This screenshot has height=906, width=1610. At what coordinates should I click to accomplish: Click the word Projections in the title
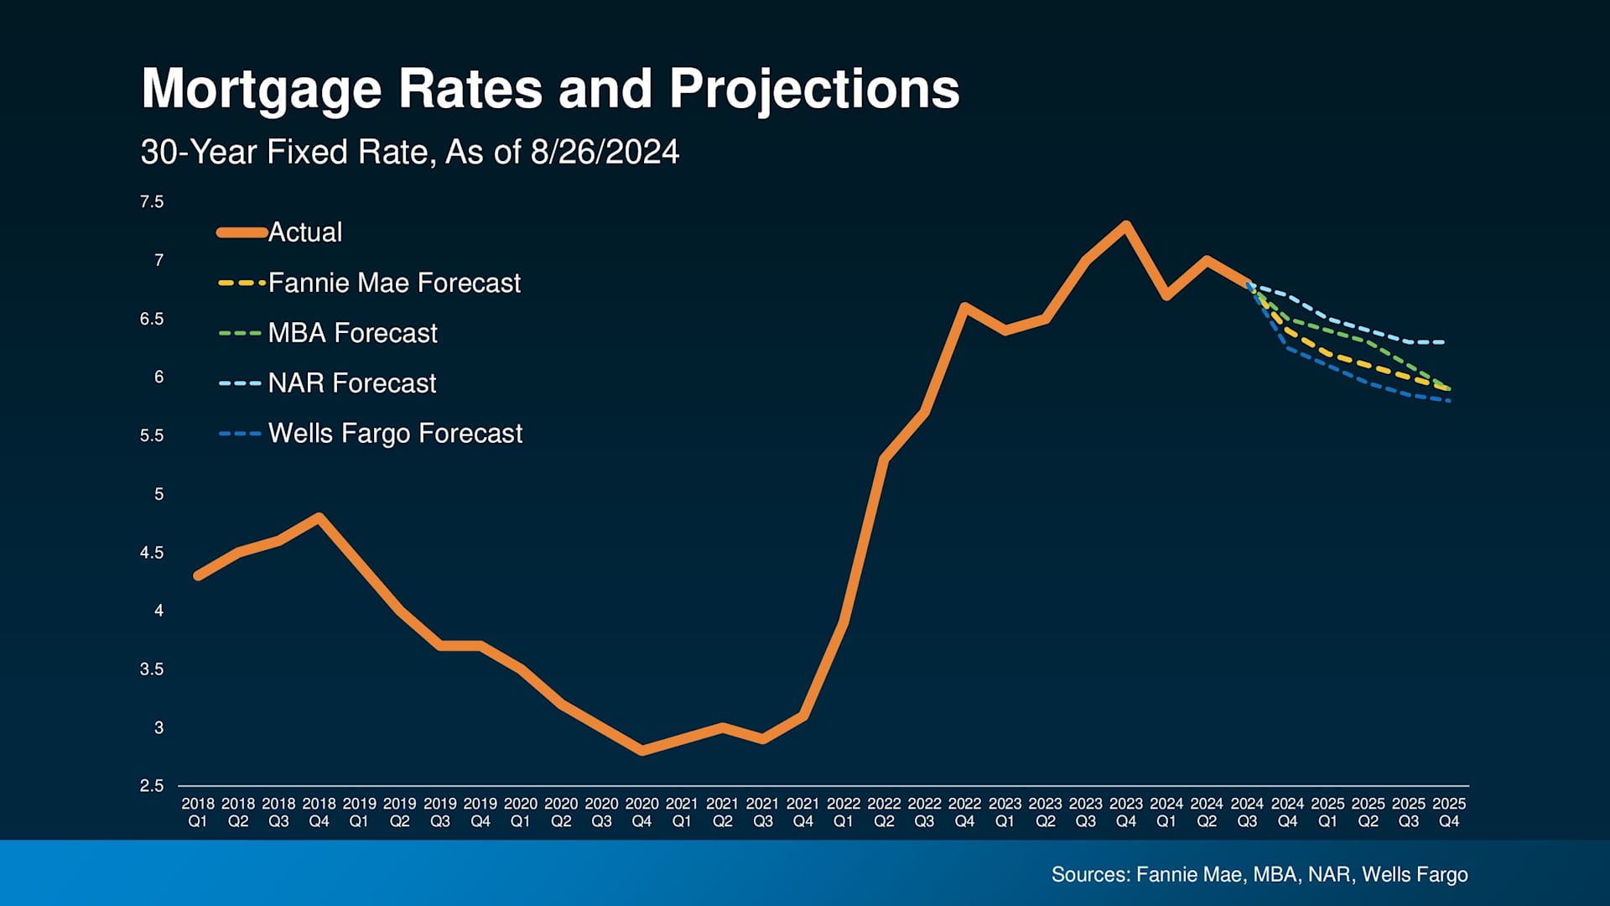[x=813, y=89]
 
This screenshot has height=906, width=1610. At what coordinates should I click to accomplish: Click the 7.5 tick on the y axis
[x=152, y=202]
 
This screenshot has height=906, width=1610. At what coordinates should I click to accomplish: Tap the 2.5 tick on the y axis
[x=152, y=786]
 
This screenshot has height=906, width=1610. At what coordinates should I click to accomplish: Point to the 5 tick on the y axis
[x=158, y=494]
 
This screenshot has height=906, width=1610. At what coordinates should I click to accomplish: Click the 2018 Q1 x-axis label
[x=198, y=812]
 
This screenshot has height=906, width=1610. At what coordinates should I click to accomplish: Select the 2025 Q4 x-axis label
[x=1449, y=812]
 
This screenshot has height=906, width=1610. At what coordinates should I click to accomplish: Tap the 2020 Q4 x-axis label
[x=641, y=812]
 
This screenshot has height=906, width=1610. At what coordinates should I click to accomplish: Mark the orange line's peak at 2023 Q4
[x=1126, y=224]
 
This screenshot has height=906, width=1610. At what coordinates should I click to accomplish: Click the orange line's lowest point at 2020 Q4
[x=642, y=751]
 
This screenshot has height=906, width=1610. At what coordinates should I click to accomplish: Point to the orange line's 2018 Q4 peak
[x=319, y=517]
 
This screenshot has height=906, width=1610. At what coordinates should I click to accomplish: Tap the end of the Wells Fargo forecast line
[x=1449, y=400]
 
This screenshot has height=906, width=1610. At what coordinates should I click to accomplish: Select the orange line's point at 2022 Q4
[x=964, y=306]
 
